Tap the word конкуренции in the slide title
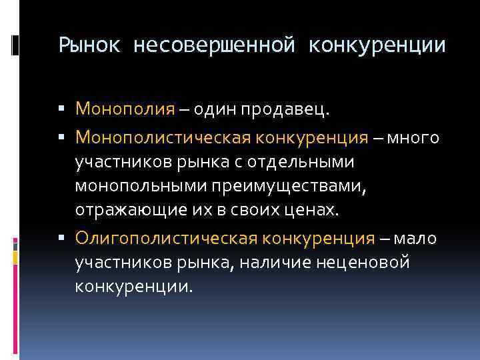[376, 45]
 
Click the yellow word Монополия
[125, 108]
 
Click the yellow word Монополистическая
[163, 137]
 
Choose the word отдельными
[303, 162]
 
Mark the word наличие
[275, 262]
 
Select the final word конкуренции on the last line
[133, 287]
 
